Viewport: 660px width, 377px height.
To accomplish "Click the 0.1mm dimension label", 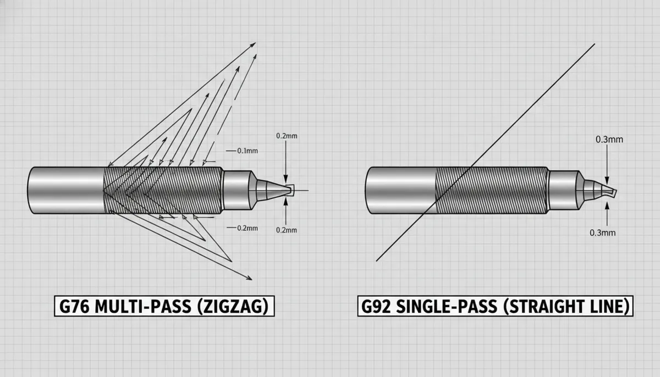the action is pos(248,151).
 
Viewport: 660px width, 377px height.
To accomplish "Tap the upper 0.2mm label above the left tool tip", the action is pos(287,136).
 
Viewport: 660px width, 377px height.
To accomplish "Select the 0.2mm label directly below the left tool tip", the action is pos(287,230).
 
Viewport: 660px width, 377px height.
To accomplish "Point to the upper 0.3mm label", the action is pos(609,140).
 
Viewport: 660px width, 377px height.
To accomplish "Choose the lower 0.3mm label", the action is pos(603,233).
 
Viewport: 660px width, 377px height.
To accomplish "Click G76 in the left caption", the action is pos(74,306).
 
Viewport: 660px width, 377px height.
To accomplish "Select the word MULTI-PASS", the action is pos(142,306).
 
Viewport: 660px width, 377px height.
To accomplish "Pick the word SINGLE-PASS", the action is pos(447,306).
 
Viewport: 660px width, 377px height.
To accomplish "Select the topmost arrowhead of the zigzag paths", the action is pos(253,45).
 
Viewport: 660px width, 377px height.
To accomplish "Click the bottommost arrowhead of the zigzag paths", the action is pos(249,278).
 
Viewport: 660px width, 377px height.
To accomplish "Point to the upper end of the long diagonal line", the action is pos(595,44).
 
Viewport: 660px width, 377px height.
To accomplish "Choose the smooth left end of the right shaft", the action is pos(400,190).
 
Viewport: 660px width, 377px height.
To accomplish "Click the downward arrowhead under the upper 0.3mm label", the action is pos(607,180).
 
